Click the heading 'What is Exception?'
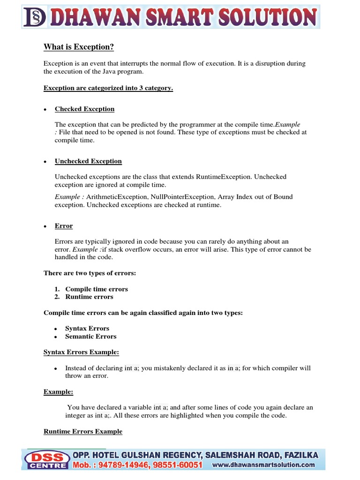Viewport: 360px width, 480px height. point(79,47)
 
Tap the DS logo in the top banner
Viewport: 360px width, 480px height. point(34,17)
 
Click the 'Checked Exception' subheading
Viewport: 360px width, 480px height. point(84,109)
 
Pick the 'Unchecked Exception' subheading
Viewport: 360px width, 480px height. point(88,161)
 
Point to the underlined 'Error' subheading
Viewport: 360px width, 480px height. point(64,226)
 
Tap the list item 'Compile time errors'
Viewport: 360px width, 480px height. point(97,289)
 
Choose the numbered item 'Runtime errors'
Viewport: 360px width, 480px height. point(89,297)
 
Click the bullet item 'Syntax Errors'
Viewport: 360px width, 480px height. point(87,329)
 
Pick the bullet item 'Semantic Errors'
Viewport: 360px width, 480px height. point(91,337)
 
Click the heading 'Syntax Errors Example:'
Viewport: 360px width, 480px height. point(81,352)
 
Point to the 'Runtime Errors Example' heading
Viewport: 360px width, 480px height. point(83,432)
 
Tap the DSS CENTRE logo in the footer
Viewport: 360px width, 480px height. point(45,460)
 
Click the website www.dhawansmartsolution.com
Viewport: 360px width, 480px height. point(264,465)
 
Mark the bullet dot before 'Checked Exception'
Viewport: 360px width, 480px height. point(45,110)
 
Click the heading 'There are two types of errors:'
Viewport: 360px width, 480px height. point(90,273)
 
